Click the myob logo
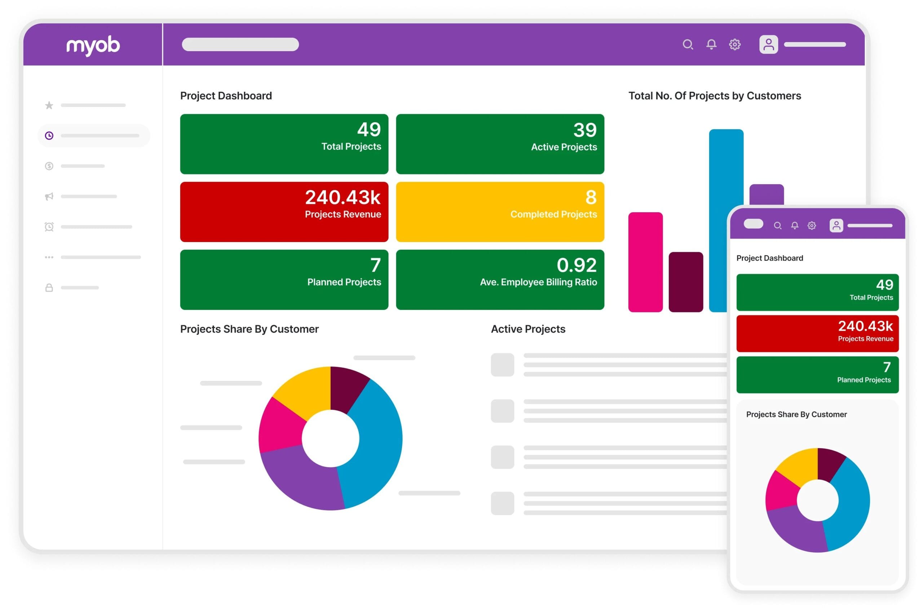93,45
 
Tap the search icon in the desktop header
688,44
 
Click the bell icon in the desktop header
711,44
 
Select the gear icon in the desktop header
734,44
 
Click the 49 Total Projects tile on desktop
284,144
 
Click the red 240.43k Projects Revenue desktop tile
284,211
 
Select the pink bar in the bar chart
645,262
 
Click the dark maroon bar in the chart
685,282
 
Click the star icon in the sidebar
49,105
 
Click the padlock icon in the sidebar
49,287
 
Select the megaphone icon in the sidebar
49,196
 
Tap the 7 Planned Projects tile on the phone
817,374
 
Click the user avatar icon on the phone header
836,225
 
